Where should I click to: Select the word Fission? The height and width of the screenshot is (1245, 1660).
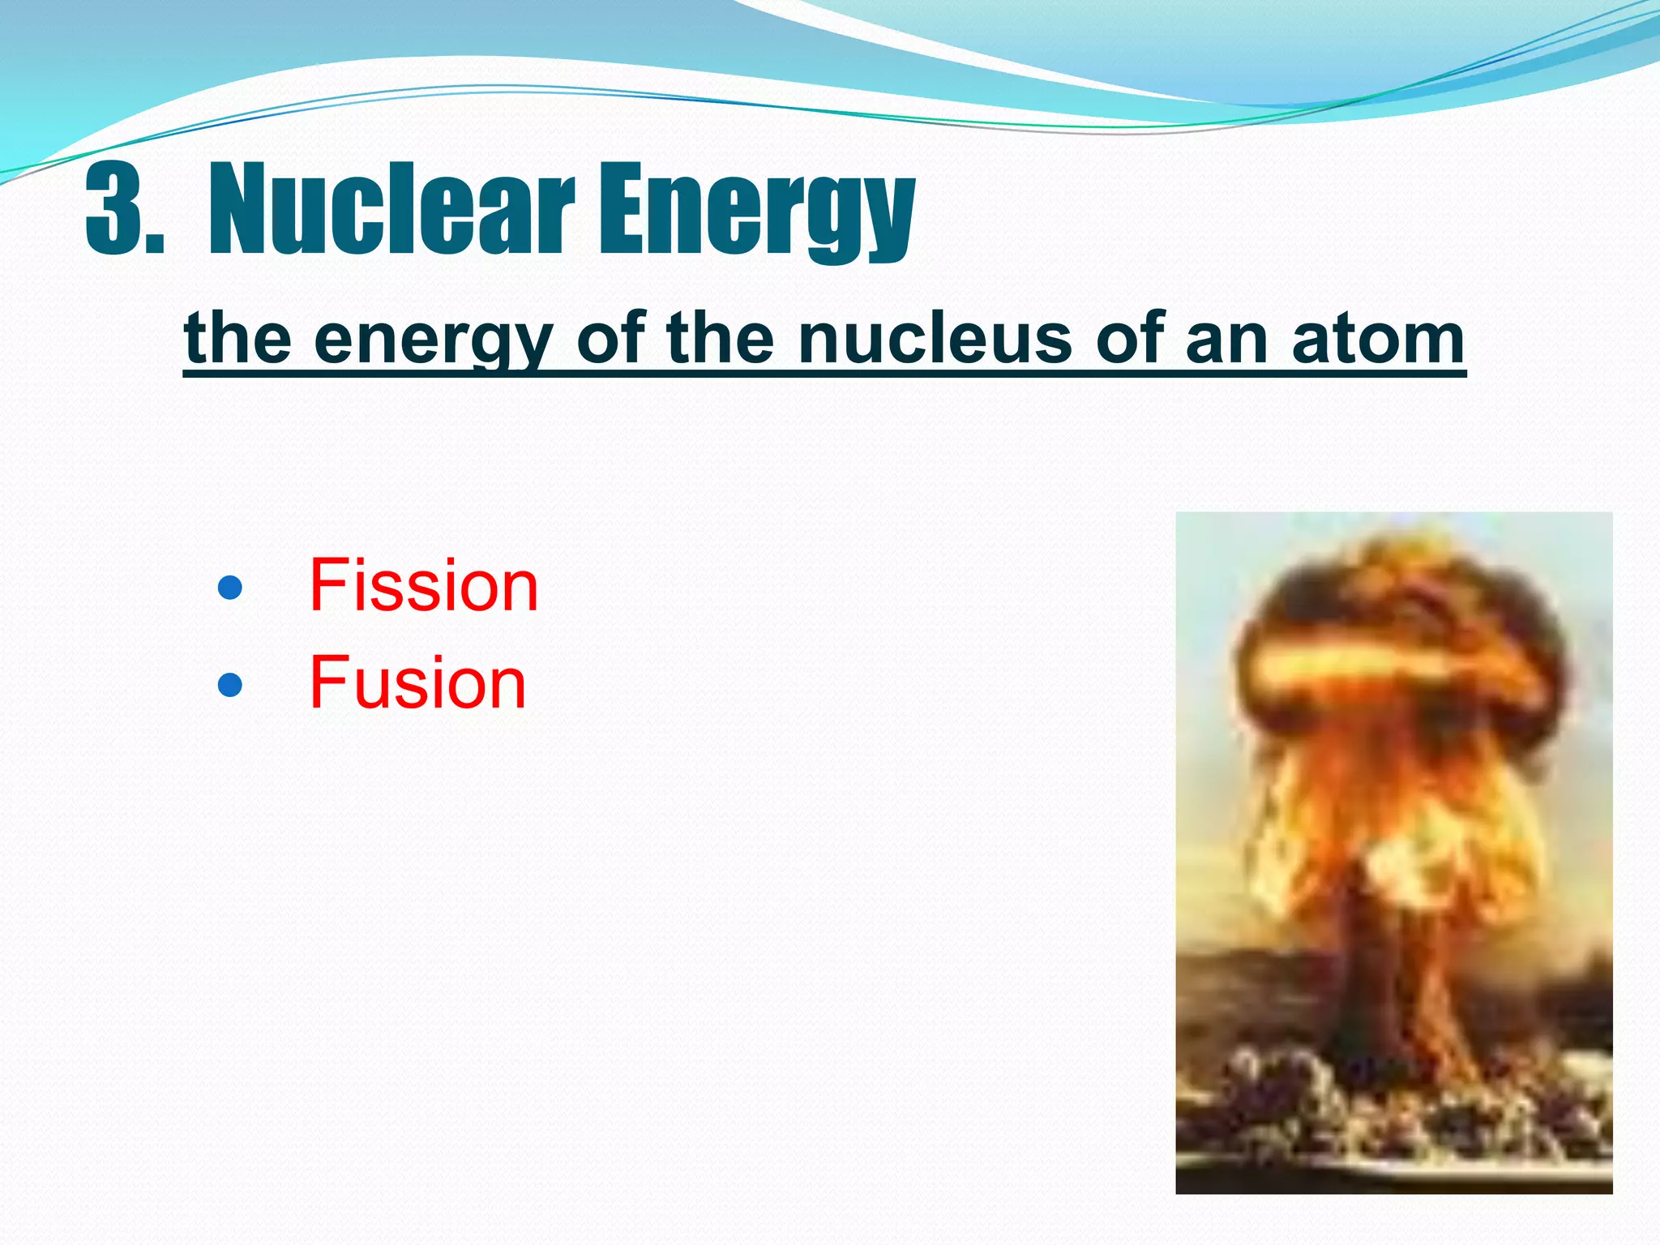423,585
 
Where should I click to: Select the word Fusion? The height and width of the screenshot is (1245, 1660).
417,683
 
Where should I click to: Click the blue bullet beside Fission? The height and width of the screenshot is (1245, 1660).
230,588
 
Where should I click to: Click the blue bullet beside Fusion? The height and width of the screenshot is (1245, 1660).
230,685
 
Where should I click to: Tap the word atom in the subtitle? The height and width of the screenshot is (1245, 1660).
1377,339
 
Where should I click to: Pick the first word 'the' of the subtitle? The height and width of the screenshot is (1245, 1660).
237,339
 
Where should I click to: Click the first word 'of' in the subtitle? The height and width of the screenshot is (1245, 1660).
610,339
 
